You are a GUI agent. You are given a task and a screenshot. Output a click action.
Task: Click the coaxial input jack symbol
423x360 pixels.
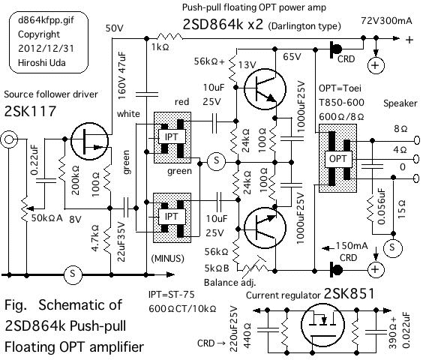pos(11,139)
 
